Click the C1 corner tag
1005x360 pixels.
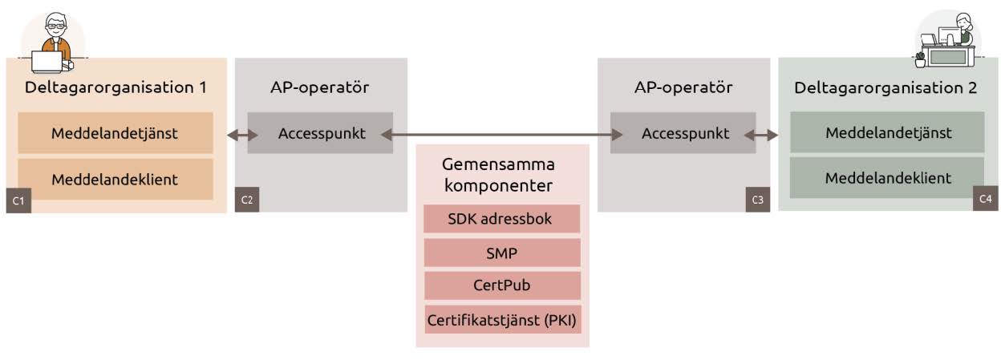[18, 200]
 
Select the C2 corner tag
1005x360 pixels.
[247, 200]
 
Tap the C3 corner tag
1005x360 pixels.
[757, 199]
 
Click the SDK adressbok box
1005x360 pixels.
[502, 219]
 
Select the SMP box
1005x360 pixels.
[502, 253]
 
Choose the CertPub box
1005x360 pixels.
[502, 285]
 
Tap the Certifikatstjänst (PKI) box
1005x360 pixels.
[502, 319]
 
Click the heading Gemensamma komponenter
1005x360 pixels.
[498, 174]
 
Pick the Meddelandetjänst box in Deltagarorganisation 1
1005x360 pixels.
[115, 133]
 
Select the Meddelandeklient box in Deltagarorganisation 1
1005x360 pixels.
[115, 179]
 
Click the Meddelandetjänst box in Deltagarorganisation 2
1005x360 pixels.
[888, 132]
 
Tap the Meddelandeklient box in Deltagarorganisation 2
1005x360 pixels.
[888, 177]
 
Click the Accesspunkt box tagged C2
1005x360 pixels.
[321, 134]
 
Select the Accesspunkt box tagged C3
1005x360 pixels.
[683, 134]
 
